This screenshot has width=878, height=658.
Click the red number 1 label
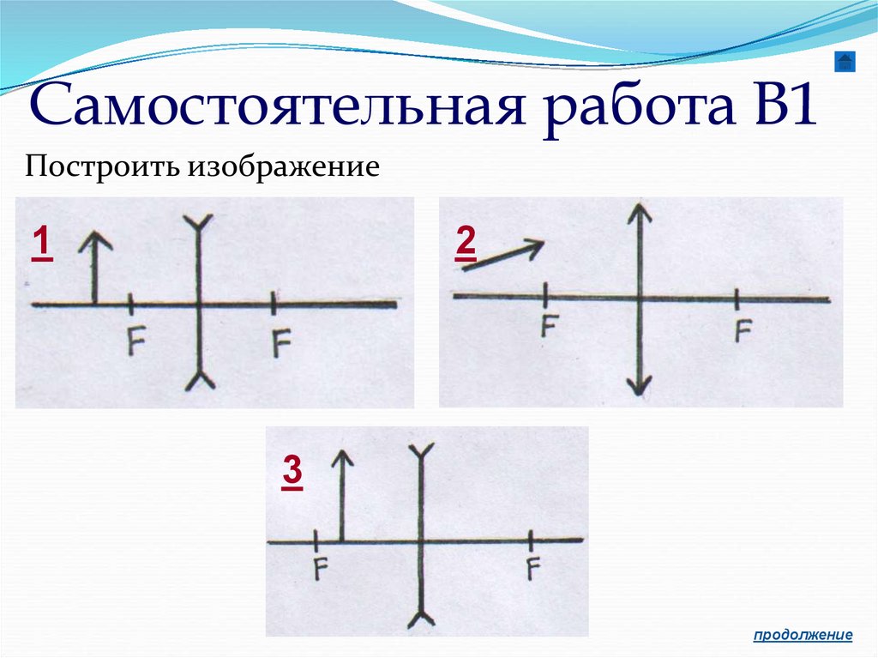click(x=39, y=243)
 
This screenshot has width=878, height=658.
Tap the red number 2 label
click(x=466, y=243)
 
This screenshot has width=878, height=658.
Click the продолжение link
click(x=803, y=635)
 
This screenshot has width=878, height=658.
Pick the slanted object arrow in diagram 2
click(x=503, y=256)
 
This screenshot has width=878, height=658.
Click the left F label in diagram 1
click(x=135, y=341)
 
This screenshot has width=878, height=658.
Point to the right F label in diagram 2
click(x=743, y=330)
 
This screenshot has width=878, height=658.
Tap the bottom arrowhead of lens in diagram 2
click(x=638, y=385)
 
